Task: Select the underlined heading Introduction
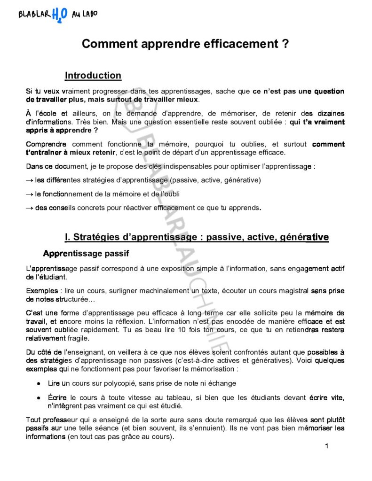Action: pyautogui.click(x=93, y=76)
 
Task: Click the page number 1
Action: pyautogui.click(x=326, y=446)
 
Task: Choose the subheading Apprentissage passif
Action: pyautogui.click(x=86, y=253)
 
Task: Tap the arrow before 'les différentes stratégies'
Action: pyautogui.click(x=30, y=180)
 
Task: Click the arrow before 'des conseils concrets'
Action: pyautogui.click(x=30, y=208)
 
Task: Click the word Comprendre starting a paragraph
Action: pyautogui.click(x=46, y=144)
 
